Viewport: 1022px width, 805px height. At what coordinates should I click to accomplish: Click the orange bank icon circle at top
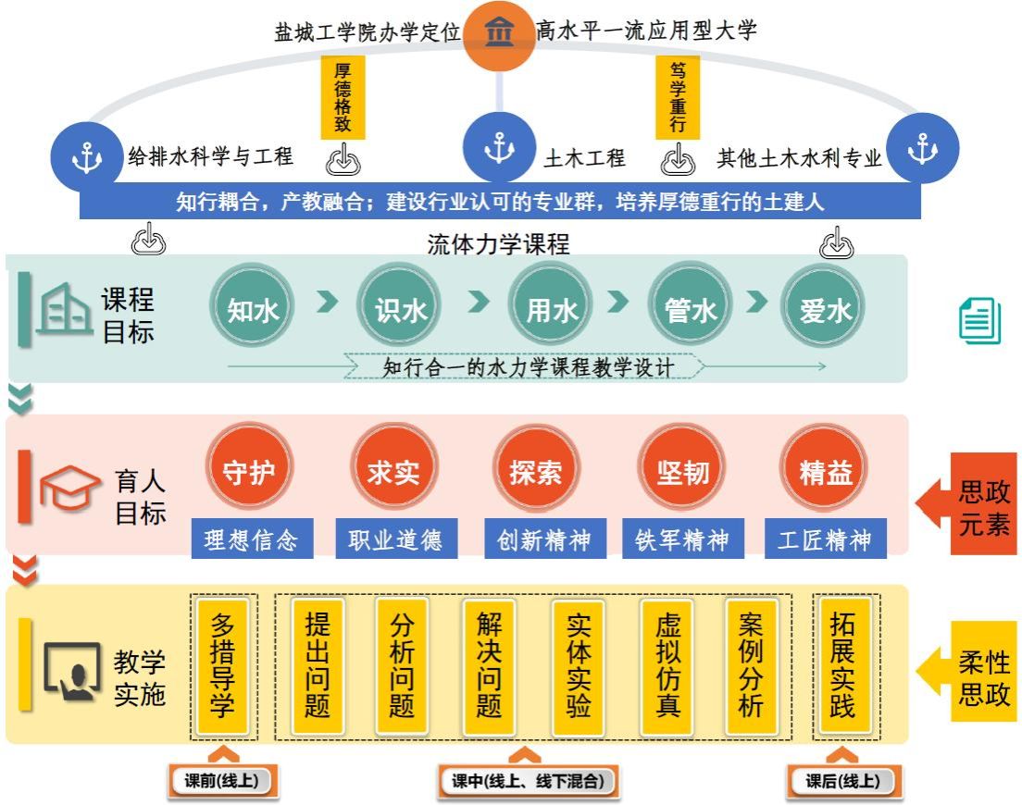click(500, 34)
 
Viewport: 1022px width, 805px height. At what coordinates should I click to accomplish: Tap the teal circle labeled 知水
click(253, 310)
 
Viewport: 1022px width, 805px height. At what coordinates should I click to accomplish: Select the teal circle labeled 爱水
click(826, 310)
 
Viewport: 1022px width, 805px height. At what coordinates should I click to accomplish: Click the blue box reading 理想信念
click(252, 539)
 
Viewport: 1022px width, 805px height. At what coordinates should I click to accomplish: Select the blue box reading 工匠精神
click(826, 539)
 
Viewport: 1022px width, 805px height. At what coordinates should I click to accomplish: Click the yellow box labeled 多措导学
click(223, 666)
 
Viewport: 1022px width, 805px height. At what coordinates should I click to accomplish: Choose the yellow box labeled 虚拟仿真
click(667, 666)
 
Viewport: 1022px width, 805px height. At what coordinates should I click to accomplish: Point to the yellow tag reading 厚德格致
click(343, 96)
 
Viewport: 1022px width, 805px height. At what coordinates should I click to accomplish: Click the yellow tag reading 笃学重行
click(678, 96)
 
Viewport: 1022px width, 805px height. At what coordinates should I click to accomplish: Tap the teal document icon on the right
click(979, 320)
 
